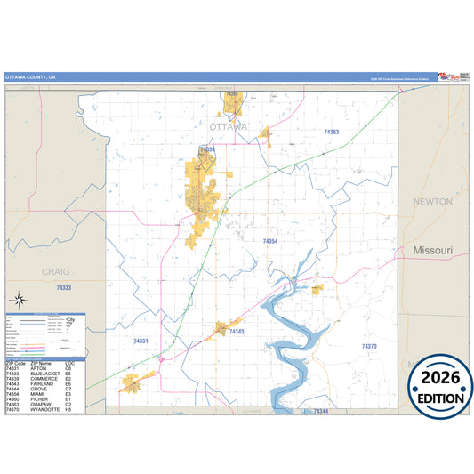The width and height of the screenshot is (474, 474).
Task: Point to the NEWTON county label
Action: [x=433, y=202]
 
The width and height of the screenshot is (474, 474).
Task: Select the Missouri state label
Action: [x=433, y=251]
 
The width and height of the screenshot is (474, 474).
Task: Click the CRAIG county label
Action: [x=55, y=270]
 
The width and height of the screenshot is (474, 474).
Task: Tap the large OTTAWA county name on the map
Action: [x=228, y=127]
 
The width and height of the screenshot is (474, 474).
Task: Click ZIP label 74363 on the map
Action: [x=331, y=132]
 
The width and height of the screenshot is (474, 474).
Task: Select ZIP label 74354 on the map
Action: [x=270, y=241]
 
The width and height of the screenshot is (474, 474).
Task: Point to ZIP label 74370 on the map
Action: [x=369, y=346]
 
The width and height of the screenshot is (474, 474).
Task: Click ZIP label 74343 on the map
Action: [x=236, y=332]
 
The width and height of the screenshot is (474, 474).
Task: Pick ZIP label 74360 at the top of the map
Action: [x=232, y=93]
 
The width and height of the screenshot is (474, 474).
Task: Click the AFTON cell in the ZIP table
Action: [x=38, y=367]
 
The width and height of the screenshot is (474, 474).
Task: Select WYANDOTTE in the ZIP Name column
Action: [x=45, y=410]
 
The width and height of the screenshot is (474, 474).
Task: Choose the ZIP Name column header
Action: [x=41, y=362]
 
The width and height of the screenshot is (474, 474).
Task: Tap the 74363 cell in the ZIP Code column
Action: [x=14, y=405]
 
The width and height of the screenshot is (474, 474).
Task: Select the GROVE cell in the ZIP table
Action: [x=38, y=389]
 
